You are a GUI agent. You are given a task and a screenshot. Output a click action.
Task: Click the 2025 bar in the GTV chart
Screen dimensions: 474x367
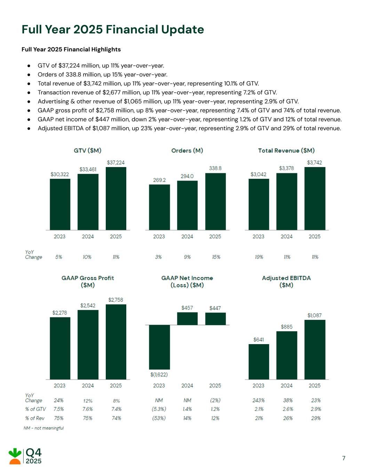pos(116,198)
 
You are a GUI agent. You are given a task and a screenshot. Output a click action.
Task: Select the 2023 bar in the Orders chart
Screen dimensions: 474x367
pos(159,207)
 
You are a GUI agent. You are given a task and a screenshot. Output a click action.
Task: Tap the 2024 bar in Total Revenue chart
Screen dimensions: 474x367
pos(287,201)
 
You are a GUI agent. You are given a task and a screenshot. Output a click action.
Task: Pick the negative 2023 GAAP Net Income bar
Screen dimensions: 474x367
pos(159,347)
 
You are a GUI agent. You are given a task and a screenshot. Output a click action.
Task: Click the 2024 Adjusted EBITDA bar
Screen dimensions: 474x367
pos(287,355)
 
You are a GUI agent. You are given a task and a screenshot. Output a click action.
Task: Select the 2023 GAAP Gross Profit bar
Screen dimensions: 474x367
pos(60,348)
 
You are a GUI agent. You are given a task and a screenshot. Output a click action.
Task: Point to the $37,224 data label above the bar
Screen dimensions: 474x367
pos(115,163)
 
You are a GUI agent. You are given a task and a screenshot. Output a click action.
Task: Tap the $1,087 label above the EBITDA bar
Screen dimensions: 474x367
pos(314,315)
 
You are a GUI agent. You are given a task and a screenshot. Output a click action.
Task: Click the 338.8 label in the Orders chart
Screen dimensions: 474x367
pos(215,168)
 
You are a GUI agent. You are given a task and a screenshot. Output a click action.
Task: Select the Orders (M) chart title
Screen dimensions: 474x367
pos(187,150)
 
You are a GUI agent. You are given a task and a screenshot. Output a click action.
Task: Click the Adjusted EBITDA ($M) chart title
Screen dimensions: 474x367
pos(286,282)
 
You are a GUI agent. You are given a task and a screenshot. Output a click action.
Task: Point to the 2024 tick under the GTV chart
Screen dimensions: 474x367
pos(88,236)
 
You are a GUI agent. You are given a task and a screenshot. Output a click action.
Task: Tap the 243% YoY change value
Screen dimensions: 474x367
pos(258,400)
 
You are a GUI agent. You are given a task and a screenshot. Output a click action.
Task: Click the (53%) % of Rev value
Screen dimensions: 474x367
pos(159,418)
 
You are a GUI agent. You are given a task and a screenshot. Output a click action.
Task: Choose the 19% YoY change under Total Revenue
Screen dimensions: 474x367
pos(259,257)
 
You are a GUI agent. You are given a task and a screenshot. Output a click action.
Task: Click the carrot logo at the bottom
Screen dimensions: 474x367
pos(15,456)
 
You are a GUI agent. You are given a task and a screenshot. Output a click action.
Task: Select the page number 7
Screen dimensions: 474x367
pos(344,458)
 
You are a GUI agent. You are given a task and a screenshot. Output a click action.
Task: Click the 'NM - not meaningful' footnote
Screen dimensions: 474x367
pos(44,428)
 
